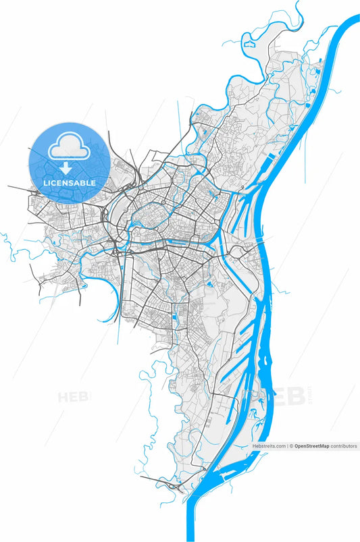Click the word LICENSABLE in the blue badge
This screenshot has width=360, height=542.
(x=69, y=183)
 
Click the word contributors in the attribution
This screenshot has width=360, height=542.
(x=344, y=446)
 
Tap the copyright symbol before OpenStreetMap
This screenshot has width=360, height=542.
(x=291, y=446)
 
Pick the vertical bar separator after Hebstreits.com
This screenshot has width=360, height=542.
(x=287, y=446)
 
